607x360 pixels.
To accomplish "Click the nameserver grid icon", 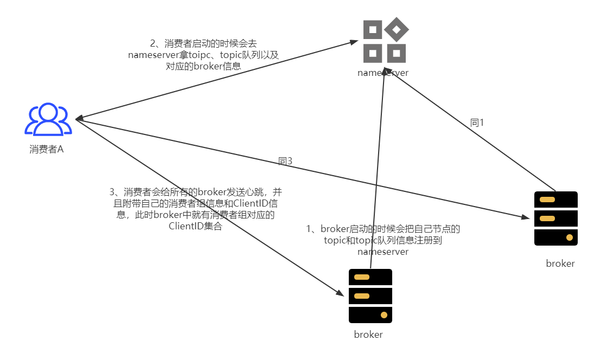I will click(385, 40).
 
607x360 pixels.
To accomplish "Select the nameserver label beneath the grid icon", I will click(383, 73).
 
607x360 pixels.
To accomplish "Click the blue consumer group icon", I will click(48, 119).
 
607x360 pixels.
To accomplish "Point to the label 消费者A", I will click(47, 149).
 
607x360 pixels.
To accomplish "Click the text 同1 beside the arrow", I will click(477, 123).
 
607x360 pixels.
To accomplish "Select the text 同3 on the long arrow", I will click(285, 161).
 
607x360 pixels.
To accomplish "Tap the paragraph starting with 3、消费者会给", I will click(196, 209).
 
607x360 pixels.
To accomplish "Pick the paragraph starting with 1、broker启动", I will click(383, 240).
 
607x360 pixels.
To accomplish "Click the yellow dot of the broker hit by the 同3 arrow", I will click(569, 237).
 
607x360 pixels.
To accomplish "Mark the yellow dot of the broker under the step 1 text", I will click(384, 315).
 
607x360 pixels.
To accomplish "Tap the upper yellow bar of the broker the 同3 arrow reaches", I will click(547, 200).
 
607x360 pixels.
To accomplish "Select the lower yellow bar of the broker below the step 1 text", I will click(362, 296).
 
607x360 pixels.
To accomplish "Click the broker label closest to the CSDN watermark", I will click(560, 263).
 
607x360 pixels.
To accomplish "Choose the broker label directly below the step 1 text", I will click(368, 335).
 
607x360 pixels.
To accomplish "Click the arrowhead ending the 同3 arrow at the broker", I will click(526, 218).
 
